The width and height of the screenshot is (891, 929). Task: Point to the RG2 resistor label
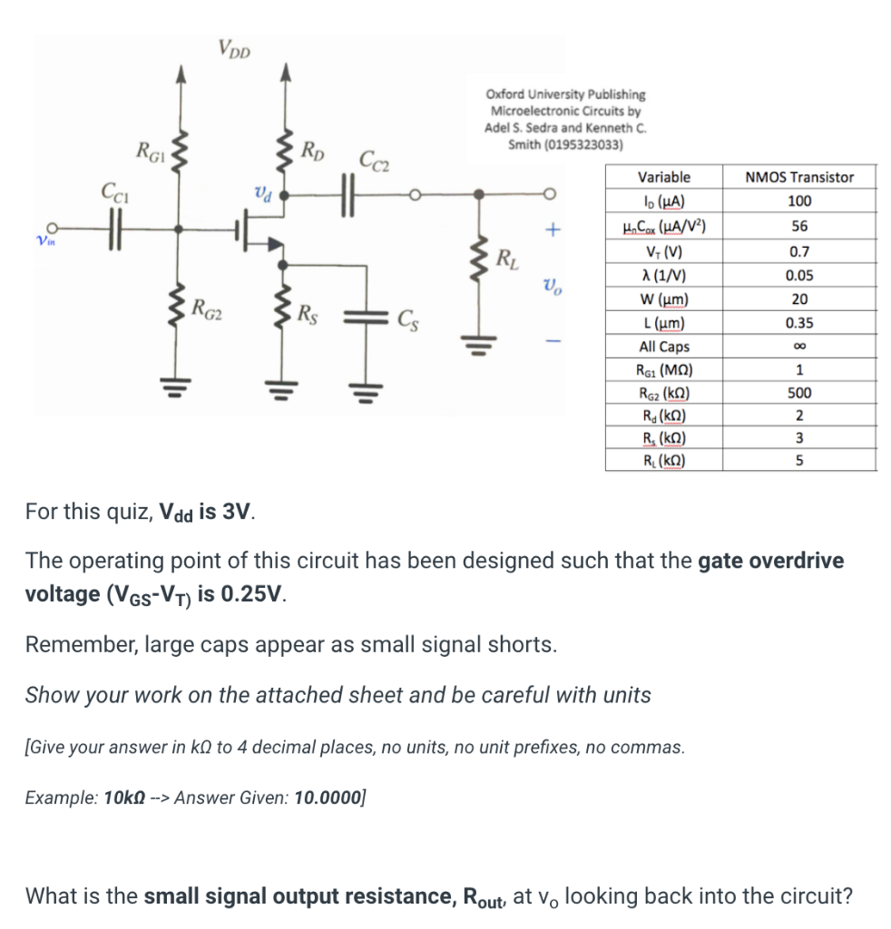(207, 308)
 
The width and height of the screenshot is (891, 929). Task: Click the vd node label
(260, 192)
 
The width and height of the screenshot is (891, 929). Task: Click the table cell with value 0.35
(798, 323)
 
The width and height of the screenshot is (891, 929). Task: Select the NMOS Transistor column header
(798, 177)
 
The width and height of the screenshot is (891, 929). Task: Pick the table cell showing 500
(798, 393)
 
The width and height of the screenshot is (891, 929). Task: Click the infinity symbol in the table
(798, 347)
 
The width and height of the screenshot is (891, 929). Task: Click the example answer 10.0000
(328, 798)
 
